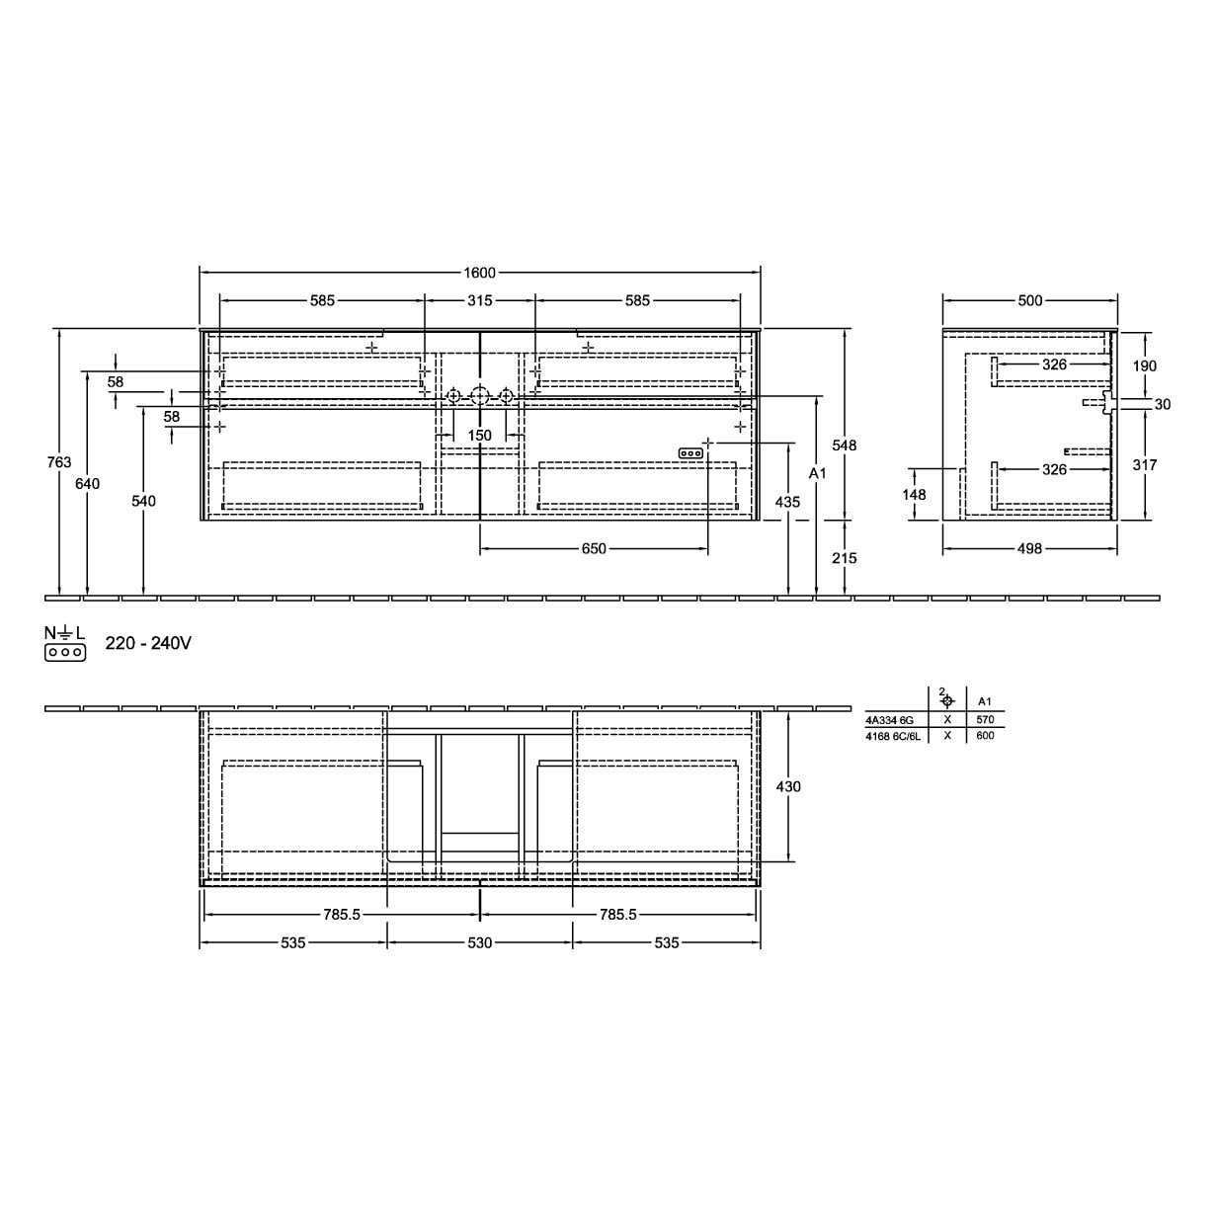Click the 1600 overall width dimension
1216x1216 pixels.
(x=480, y=273)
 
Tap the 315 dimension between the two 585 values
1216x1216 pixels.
(x=480, y=300)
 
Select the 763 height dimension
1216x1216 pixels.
(x=59, y=462)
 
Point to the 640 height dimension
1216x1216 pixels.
(x=88, y=483)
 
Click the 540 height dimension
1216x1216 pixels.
(x=144, y=501)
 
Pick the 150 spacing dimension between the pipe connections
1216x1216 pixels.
(x=480, y=436)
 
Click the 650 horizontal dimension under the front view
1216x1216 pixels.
(x=594, y=549)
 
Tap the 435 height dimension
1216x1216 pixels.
(x=787, y=502)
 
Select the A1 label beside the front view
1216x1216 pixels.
(x=817, y=473)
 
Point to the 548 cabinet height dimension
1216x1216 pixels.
(x=845, y=446)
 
